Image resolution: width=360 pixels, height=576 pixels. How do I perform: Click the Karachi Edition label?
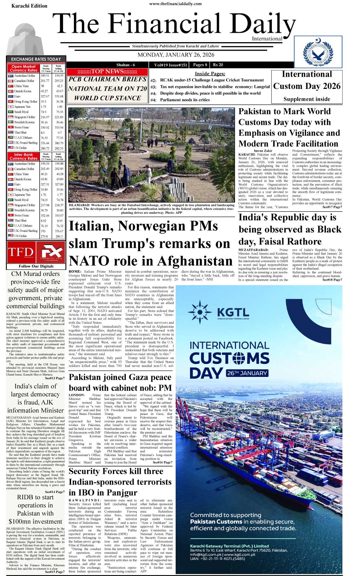[x=29, y=6]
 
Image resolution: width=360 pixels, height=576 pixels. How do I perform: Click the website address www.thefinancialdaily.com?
[x=175, y=4]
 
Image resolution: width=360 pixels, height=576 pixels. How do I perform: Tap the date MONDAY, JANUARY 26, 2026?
[x=176, y=55]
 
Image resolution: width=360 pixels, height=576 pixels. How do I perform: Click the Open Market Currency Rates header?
[x=24, y=68]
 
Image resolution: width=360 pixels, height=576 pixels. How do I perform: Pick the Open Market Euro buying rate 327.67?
[x=45, y=96]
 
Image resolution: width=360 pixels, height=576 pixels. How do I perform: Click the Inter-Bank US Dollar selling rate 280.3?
[x=59, y=236]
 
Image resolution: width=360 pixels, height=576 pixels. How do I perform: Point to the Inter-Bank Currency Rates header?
[x=24, y=157]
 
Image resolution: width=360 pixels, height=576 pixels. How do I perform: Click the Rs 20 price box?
[x=218, y=65]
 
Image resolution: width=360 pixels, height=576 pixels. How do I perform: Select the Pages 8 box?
[x=200, y=65]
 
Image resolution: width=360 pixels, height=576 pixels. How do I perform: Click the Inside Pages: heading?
[x=210, y=74]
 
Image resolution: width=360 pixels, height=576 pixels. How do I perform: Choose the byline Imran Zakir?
[x=263, y=151]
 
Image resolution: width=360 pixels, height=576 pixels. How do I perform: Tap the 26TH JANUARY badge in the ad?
[x=247, y=373]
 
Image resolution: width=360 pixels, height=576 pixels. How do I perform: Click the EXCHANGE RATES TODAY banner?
[x=36, y=59]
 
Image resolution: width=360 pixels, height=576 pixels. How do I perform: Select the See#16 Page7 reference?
[x=162, y=462]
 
